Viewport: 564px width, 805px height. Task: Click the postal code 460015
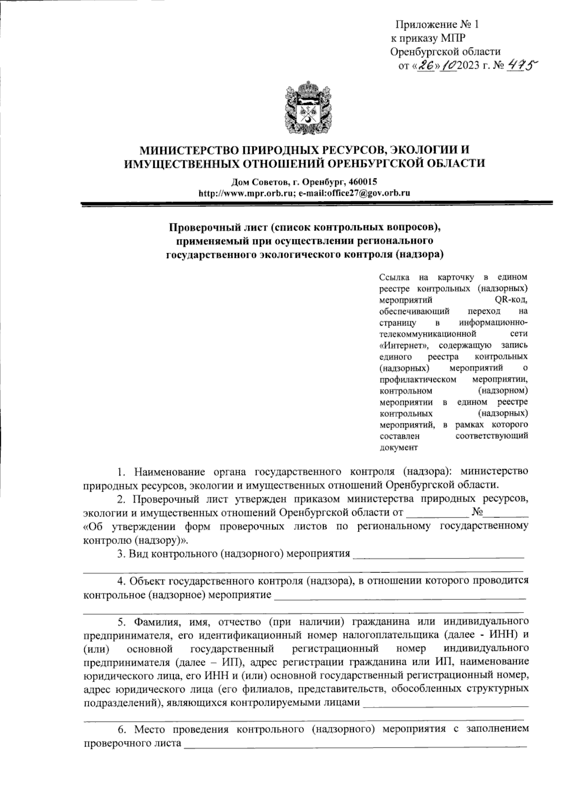(x=362, y=182)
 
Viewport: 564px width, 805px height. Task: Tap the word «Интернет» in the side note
(x=401, y=345)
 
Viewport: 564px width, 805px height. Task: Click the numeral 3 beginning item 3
(x=120, y=553)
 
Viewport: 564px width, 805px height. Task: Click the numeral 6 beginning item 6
(x=121, y=730)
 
